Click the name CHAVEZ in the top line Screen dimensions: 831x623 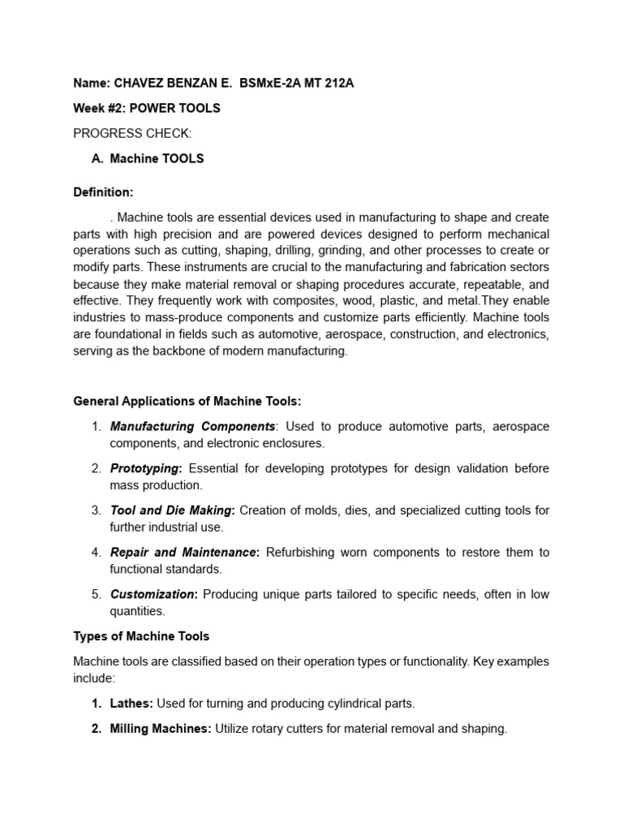click(x=141, y=82)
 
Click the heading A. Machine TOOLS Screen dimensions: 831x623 click(x=148, y=158)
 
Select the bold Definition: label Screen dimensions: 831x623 click(x=103, y=192)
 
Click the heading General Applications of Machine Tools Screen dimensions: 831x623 click(x=187, y=401)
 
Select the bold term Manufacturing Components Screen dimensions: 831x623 click(x=193, y=426)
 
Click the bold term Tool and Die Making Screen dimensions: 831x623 click(x=172, y=510)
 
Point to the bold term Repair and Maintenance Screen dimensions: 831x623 click(x=183, y=553)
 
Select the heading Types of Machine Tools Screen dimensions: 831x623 click(x=141, y=636)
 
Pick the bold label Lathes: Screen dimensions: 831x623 click(x=131, y=703)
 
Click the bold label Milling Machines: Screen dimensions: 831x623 click(x=161, y=729)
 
